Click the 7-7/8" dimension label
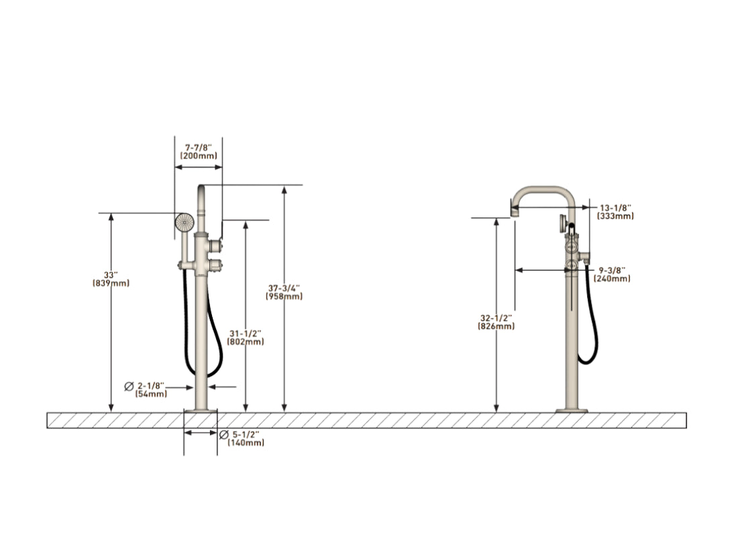[x=198, y=146]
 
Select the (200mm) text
[x=198, y=156]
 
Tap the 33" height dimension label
[x=111, y=275]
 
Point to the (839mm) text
[x=111, y=283]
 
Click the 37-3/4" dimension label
[x=284, y=287]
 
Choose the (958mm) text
[x=284, y=296]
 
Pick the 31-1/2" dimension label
[x=245, y=333]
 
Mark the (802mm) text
[x=245, y=342]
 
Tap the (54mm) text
[x=151, y=395]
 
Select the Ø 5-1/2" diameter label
[x=242, y=434]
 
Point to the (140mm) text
[x=246, y=443]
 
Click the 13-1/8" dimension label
[x=615, y=207]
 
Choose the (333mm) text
[x=615, y=216]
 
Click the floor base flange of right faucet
[x=572, y=410]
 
